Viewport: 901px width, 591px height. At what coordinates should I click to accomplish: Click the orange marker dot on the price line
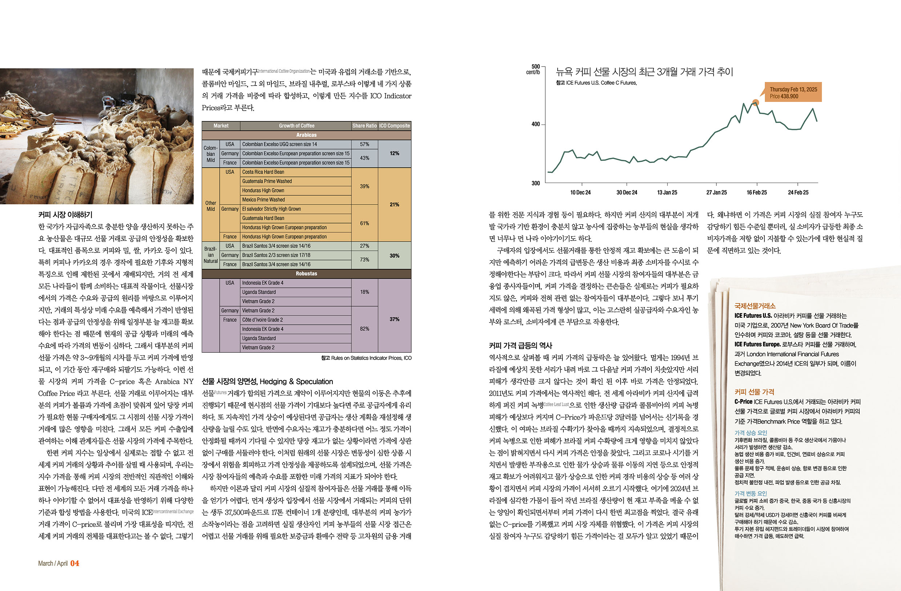click(x=755, y=103)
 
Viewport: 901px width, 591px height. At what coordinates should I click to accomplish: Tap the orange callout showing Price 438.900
click(x=793, y=92)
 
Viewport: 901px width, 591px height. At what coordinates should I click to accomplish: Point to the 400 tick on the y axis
click(x=536, y=124)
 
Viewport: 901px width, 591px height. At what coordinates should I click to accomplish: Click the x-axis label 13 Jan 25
click(x=667, y=193)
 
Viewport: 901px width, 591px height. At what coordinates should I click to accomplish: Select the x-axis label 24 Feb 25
click(x=798, y=193)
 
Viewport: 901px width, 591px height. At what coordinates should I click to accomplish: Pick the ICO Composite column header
click(x=395, y=126)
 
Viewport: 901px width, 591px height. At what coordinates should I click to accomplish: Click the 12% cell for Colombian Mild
click(x=395, y=154)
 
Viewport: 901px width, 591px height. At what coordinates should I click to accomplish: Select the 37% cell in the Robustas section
click(x=395, y=319)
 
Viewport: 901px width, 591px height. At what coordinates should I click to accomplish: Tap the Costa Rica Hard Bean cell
click(x=263, y=172)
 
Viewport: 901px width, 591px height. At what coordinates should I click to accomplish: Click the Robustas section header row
click(x=306, y=274)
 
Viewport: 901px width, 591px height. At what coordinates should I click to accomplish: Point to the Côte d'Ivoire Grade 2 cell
click(x=262, y=320)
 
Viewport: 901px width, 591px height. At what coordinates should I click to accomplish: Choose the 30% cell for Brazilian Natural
click(x=395, y=255)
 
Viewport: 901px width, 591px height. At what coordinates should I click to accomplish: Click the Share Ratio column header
click(x=364, y=126)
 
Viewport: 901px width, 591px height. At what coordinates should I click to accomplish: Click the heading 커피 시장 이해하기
click(x=65, y=215)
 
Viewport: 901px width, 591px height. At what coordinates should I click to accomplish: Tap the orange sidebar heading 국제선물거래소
click(x=755, y=306)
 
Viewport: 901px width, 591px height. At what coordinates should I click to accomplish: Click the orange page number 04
click(x=75, y=563)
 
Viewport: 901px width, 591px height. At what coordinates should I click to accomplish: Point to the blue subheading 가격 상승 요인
click(x=751, y=433)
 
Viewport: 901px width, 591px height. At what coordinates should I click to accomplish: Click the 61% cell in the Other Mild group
click(x=364, y=223)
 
